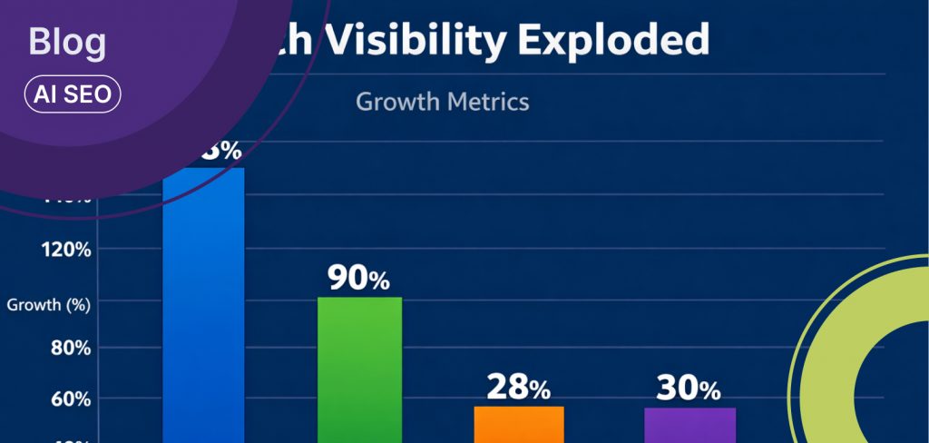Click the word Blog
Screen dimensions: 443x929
(x=67, y=43)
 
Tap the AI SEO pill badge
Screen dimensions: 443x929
(x=73, y=94)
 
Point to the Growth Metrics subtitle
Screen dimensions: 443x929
(x=442, y=101)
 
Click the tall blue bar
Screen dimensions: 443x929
(x=203, y=309)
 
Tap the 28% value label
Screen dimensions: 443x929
(x=518, y=389)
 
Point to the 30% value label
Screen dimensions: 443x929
(x=689, y=389)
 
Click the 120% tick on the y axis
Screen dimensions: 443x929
(x=65, y=251)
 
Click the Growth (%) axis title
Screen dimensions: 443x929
(x=48, y=305)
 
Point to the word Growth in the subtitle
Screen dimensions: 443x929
(x=396, y=101)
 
